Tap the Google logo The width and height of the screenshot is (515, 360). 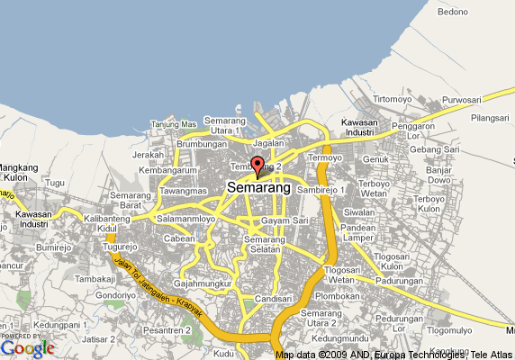point(28,347)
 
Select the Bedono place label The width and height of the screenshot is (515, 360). point(454,13)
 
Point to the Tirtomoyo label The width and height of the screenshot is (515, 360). point(393,98)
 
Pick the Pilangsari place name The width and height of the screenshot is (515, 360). point(490,118)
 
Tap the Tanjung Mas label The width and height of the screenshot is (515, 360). point(174,124)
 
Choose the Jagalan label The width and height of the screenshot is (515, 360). point(268,142)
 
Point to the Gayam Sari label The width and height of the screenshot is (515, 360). point(285,220)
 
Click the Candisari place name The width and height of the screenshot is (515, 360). point(274,297)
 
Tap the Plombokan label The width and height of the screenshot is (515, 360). point(338,295)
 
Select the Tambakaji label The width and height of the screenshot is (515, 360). point(97,280)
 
